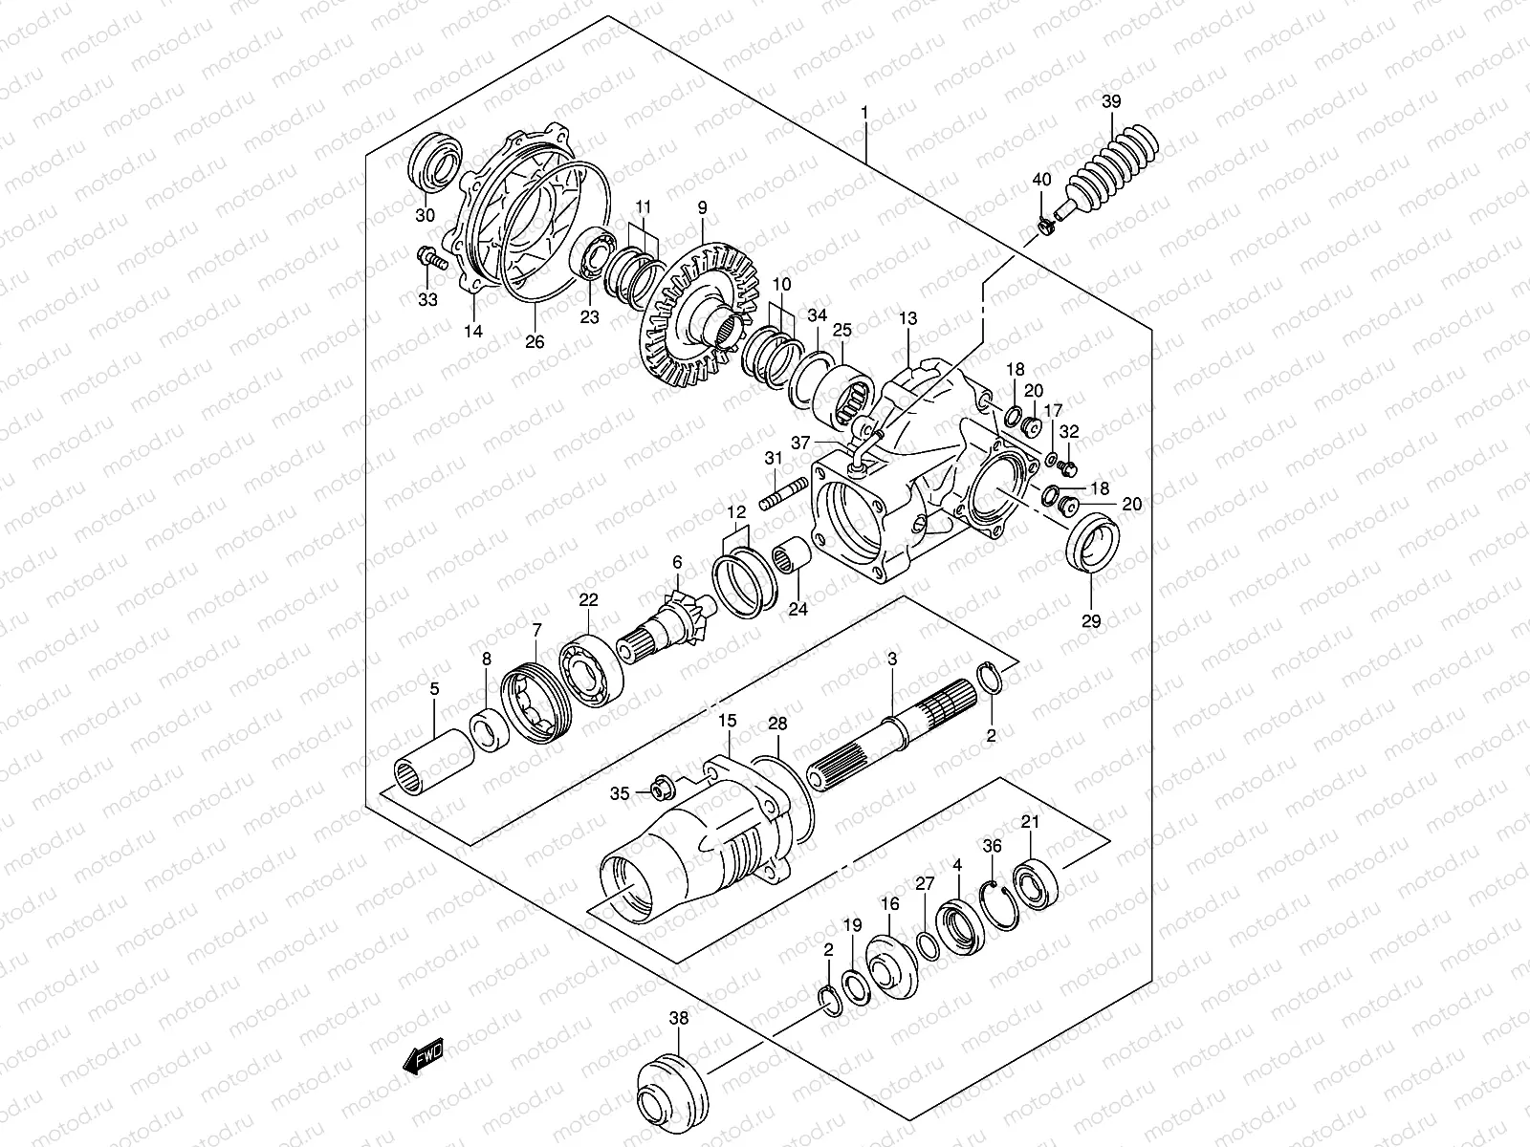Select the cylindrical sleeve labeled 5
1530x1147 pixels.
click(x=433, y=760)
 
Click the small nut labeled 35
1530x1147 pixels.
click(x=659, y=789)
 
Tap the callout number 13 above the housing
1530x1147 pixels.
click(x=907, y=318)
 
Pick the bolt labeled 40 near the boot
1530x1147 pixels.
click(x=1044, y=227)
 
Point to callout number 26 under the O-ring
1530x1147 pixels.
click(x=535, y=340)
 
